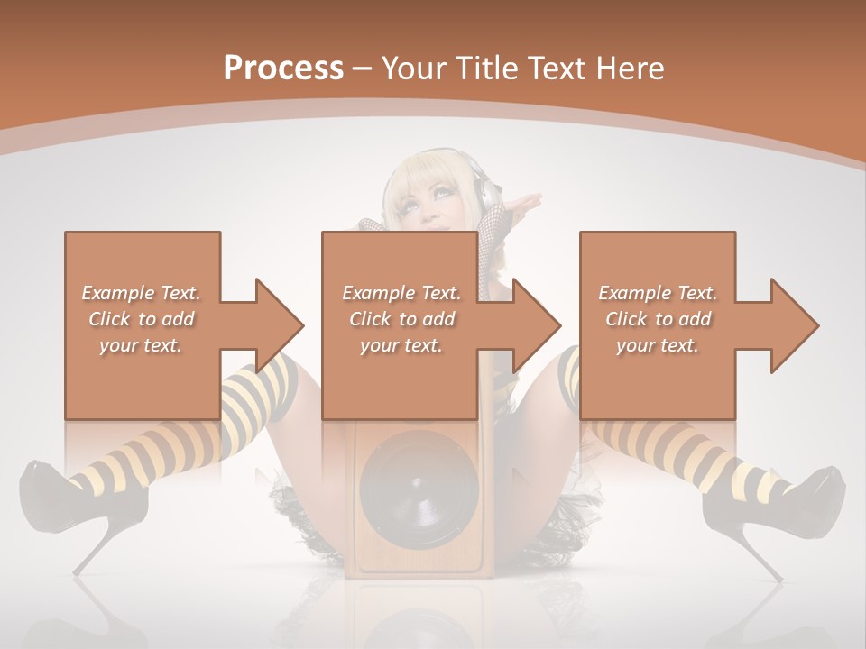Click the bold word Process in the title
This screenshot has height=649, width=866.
[283, 68]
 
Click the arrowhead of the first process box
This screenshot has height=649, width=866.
[280, 325]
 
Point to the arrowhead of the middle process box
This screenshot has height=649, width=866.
[538, 325]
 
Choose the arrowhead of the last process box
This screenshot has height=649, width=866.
[795, 325]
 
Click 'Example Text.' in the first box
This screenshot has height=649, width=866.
[141, 293]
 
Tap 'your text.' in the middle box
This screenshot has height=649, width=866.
[401, 345]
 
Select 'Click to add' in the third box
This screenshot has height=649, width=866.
[658, 319]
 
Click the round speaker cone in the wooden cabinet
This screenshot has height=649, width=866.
[418, 488]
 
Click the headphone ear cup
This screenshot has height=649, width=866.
[487, 194]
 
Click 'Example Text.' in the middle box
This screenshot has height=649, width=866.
[401, 293]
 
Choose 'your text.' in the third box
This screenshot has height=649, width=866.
[658, 345]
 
